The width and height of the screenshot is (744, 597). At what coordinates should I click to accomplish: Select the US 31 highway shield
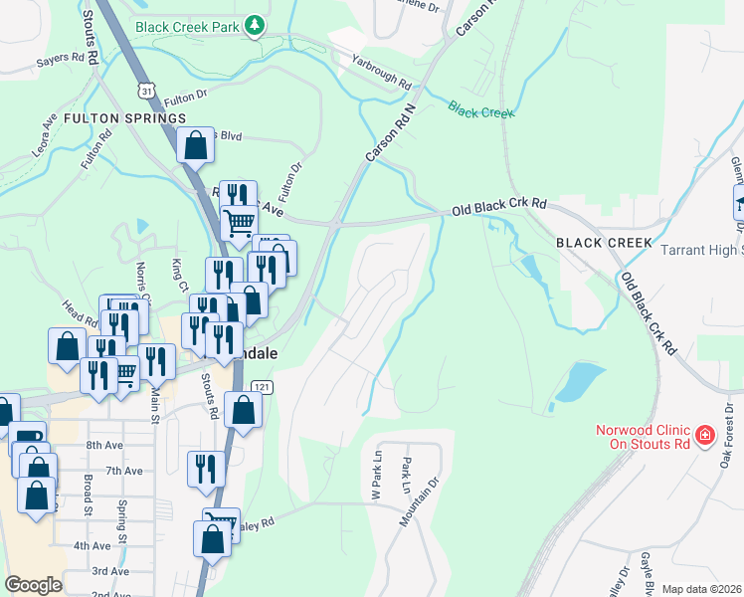[x=146, y=91]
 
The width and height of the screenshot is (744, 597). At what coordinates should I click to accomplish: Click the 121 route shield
[x=261, y=386]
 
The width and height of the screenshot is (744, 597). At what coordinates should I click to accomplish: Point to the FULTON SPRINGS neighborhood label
[x=124, y=118]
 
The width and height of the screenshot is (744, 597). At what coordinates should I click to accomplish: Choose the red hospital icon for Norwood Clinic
[x=704, y=435]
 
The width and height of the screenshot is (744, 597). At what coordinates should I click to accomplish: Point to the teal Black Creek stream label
[x=480, y=108]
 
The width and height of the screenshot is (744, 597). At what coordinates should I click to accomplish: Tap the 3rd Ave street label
[x=111, y=571]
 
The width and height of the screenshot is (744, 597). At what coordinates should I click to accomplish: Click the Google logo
[x=34, y=585]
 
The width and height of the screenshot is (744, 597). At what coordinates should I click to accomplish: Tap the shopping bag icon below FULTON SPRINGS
[x=196, y=145]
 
